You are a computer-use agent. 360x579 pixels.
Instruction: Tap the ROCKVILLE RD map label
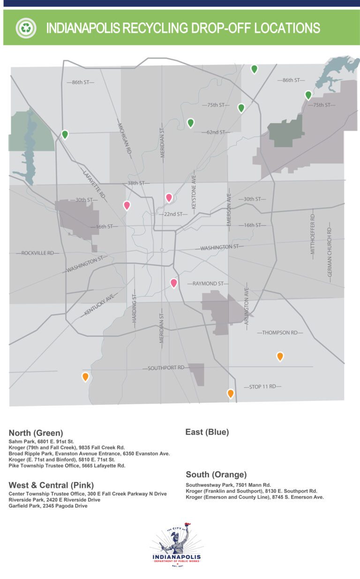click(x=40, y=253)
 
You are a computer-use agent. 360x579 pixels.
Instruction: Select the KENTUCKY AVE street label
click(x=99, y=305)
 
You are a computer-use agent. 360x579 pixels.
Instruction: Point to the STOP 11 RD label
click(x=262, y=387)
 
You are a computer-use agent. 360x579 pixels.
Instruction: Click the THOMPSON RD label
click(x=280, y=333)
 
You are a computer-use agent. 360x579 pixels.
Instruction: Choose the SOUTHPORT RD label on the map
click(x=166, y=368)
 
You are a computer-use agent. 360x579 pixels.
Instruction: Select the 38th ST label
click(x=136, y=183)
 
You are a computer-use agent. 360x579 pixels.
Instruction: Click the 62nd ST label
click(x=216, y=133)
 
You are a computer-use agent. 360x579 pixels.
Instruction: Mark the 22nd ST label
click(x=172, y=214)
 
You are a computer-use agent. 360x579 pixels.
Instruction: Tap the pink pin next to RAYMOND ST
click(x=174, y=282)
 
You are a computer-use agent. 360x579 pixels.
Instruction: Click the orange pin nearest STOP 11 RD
click(x=231, y=393)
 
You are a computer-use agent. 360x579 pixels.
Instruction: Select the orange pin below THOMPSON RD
click(x=280, y=356)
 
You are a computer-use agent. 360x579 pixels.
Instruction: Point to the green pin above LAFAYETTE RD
click(x=65, y=134)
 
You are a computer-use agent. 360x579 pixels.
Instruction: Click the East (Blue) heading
click(x=207, y=432)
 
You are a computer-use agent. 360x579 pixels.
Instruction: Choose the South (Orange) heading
click(x=216, y=474)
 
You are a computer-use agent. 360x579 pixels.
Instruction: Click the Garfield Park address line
click(x=48, y=506)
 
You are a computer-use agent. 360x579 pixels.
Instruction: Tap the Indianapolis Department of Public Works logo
click(x=177, y=545)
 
